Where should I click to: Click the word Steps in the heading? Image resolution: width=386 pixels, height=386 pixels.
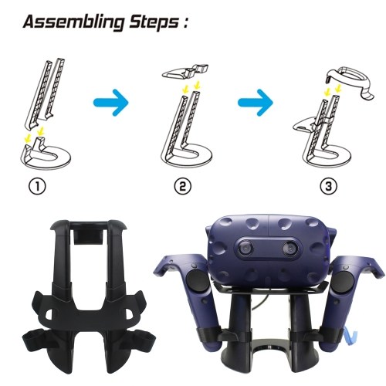click(154, 22)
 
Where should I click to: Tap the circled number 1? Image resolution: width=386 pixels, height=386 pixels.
click(37, 186)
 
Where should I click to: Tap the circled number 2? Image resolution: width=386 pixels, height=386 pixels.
click(183, 186)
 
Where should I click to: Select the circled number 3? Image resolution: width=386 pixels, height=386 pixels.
click(329, 186)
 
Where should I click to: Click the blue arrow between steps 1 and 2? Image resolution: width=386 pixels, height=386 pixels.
click(111, 103)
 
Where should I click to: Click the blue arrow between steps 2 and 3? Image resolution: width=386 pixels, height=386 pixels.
click(256, 103)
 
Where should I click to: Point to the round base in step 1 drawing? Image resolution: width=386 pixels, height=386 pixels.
click(46, 161)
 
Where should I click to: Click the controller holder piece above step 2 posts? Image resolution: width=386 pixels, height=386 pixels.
click(185, 71)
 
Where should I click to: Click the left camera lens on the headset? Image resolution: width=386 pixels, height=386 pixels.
click(246, 249)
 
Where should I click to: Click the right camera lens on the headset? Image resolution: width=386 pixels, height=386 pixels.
click(290, 249)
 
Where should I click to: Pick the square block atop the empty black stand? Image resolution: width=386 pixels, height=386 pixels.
click(88, 236)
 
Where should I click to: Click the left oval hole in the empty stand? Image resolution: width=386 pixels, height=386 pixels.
click(49, 313)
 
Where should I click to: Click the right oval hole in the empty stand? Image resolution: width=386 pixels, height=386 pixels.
click(128, 313)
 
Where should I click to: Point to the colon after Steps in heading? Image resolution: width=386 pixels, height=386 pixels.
click(185, 23)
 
